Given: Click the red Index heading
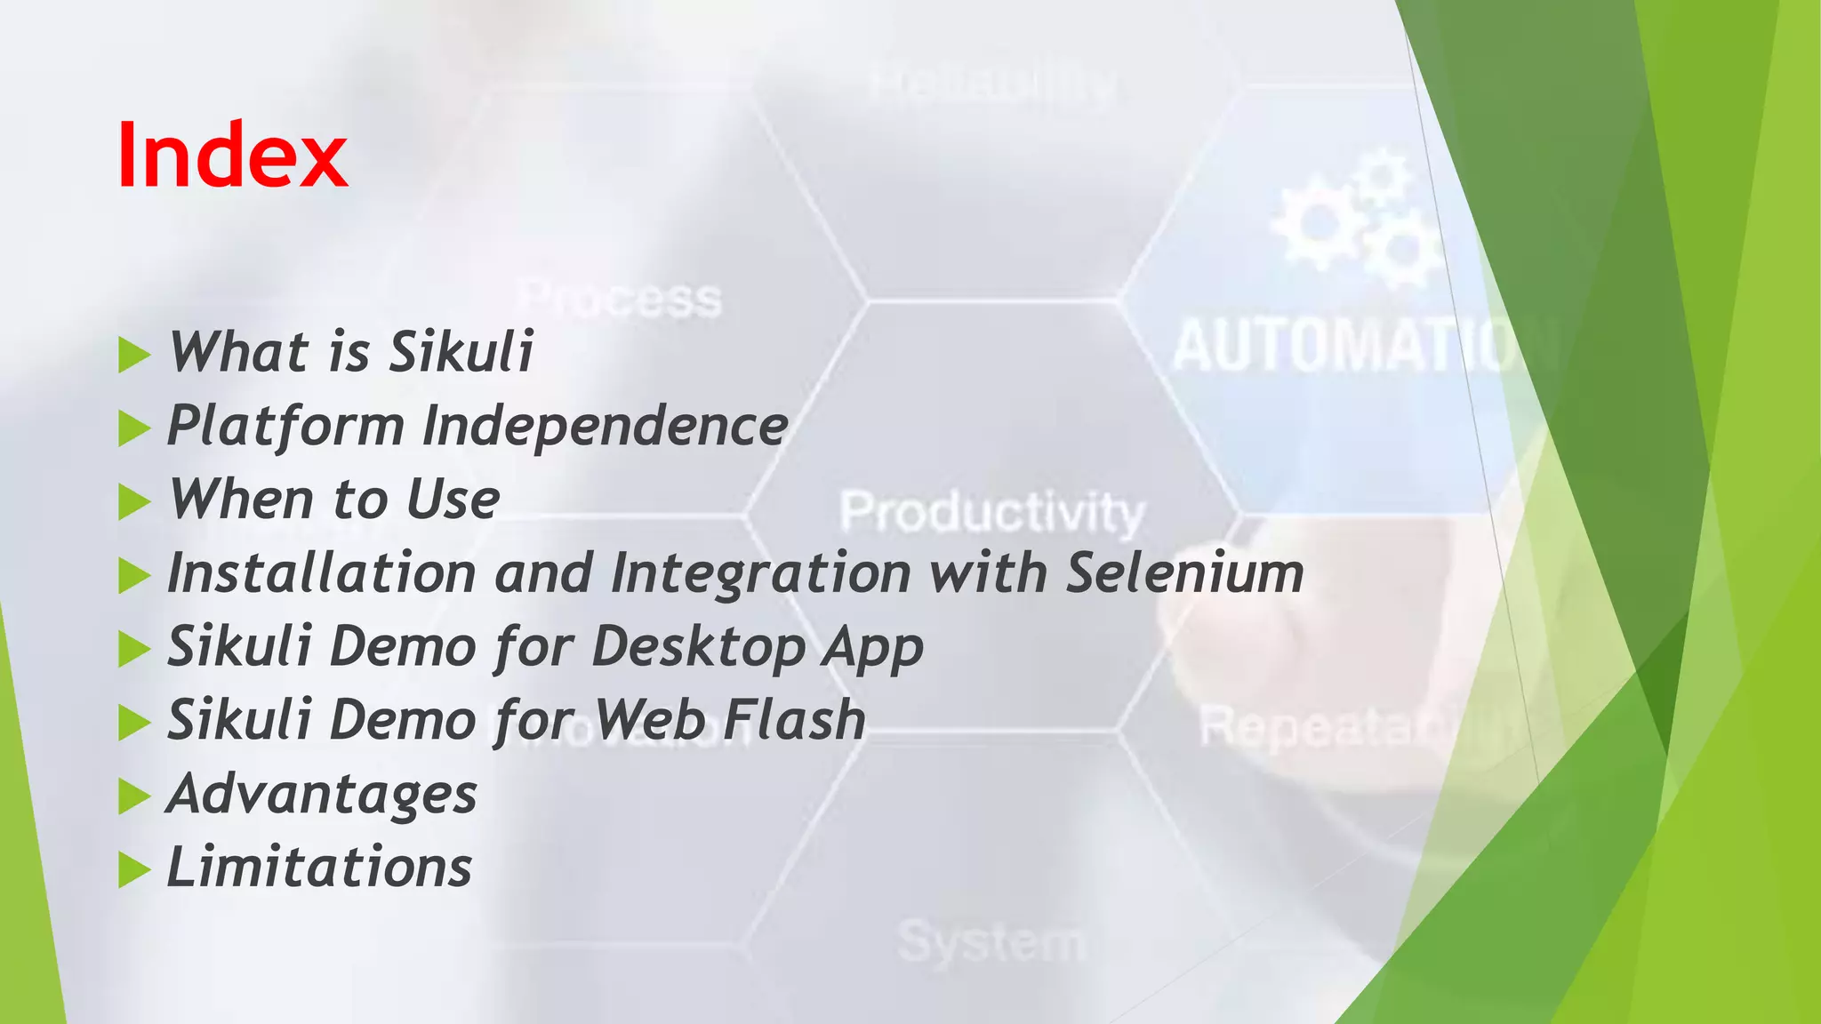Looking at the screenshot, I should coord(232,155).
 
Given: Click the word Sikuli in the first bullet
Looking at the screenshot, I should coord(461,351).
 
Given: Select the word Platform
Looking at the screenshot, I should coord(285,426).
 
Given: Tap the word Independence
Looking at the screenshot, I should coord(605,426).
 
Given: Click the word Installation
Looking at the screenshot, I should coord(321,572).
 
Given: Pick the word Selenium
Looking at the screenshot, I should coord(1184,572).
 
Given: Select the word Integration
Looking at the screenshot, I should coord(761,572).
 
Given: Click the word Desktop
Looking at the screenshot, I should coord(697,646).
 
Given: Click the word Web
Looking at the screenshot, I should coord(650,719).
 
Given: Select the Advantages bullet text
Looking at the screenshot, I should coord(322,794).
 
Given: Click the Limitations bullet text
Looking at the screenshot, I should coord(319,867).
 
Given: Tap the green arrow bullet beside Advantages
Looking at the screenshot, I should coord(133,796).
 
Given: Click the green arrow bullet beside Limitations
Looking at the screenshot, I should coord(133,870).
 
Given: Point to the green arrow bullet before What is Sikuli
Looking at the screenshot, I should coord(133,355).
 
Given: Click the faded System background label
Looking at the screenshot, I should coord(991,940).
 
